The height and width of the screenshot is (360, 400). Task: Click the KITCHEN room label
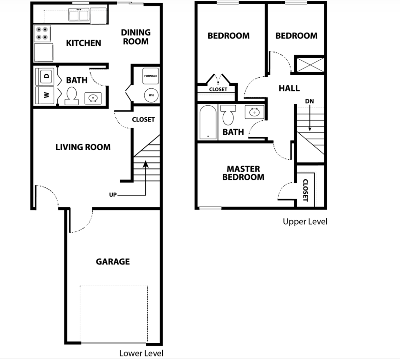(x=83, y=43)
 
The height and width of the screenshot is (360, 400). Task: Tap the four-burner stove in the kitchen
(x=42, y=33)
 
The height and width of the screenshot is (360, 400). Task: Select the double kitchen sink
(x=79, y=15)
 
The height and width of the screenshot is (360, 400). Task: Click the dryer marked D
(x=45, y=76)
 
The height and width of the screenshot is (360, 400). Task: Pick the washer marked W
(x=45, y=95)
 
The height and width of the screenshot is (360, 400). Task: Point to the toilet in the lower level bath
(x=72, y=96)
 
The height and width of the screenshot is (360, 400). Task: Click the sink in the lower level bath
(x=93, y=98)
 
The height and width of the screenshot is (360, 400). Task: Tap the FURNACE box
(x=150, y=76)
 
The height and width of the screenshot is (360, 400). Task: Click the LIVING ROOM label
(x=83, y=147)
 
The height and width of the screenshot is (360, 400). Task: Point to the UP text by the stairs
(x=113, y=195)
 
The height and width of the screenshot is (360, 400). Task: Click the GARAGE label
(x=113, y=262)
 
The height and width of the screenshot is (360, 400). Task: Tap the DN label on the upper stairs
(x=309, y=101)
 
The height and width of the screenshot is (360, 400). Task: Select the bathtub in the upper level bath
(x=208, y=122)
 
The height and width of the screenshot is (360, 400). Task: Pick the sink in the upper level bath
(x=254, y=112)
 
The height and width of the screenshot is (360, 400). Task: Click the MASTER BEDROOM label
(x=243, y=173)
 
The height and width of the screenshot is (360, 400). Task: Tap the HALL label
(x=289, y=88)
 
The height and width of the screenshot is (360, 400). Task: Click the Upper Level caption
(x=305, y=222)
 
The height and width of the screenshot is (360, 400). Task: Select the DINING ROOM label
(x=136, y=37)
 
